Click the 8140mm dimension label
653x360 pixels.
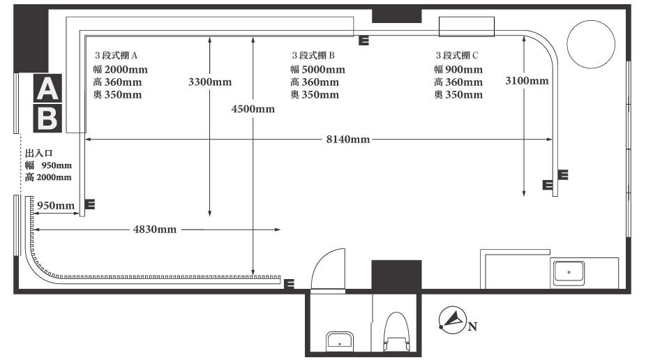[348, 139]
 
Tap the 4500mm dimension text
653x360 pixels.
[253, 109]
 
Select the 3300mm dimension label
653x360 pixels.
[210, 82]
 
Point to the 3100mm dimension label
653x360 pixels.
[527, 81]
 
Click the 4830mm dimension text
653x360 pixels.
[155, 229]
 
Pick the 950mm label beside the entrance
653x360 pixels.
[56, 205]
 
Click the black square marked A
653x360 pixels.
[47, 89]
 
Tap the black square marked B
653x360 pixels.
[47, 119]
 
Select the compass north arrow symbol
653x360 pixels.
[453, 320]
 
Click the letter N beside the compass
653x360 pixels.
[473, 327]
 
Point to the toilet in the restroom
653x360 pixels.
[397, 331]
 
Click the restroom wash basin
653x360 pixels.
[340, 341]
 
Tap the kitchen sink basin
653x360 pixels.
[569, 273]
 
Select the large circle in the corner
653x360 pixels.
[591, 44]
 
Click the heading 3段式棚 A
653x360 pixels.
[117, 55]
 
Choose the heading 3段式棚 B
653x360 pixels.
[313, 55]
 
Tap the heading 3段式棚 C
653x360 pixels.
[457, 55]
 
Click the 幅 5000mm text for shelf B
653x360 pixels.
[317, 70]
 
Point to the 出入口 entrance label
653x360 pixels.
[39, 153]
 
